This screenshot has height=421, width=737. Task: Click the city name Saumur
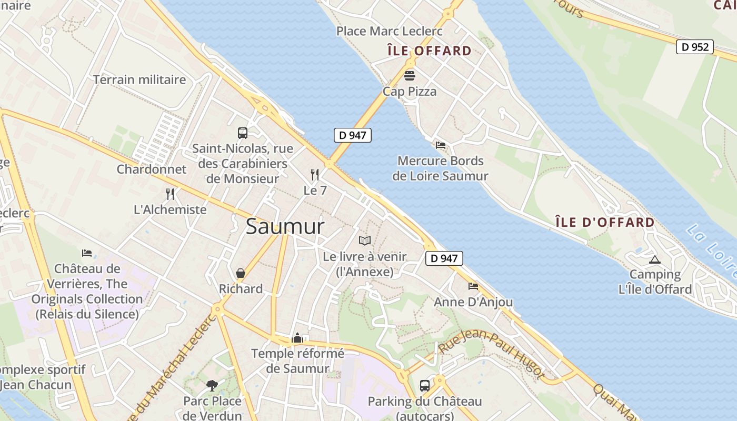tap(285, 227)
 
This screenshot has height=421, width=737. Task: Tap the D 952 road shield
tap(694, 47)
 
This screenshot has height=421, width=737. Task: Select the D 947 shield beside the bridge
tap(352, 135)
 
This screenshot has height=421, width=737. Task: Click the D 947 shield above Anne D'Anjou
tap(444, 258)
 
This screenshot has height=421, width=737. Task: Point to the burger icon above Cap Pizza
tap(409, 75)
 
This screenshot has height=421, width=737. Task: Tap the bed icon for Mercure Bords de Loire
tap(441, 145)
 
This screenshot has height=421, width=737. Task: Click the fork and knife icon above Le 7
tap(315, 174)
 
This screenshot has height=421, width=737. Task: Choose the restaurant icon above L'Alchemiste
tap(170, 194)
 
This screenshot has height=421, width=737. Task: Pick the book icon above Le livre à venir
tap(364, 240)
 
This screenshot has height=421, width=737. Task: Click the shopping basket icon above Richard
tap(241, 273)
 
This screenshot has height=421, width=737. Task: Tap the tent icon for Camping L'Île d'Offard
tap(654, 259)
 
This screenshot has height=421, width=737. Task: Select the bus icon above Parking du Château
tap(424, 385)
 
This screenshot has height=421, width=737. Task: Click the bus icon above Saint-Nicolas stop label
tap(242, 133)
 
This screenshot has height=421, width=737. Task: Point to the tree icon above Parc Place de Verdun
tap(212, 385)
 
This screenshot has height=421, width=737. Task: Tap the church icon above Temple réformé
tap(297, 338)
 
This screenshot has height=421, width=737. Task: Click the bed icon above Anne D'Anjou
tap(473, 286)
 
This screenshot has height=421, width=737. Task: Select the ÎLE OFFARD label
tap(429, 51)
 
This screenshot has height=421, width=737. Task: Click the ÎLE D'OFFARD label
tap(605, 222)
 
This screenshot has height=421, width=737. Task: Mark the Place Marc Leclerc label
tap(390, 31)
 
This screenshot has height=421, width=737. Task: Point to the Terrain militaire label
tap(140, 79)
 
